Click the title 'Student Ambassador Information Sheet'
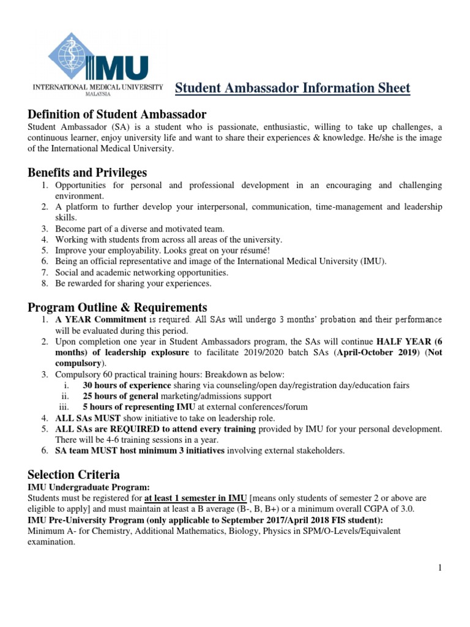pos(293,88)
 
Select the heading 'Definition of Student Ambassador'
pos(117,115)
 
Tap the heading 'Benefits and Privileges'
pos(88,173)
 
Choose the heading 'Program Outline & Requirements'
pos(117,307)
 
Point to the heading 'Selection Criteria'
pos(73,475)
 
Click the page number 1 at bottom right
pos(439,568)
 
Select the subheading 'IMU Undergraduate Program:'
pos(89,487)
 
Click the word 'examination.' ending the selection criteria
pos(52,542)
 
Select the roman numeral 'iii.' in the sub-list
pos(65,407)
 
